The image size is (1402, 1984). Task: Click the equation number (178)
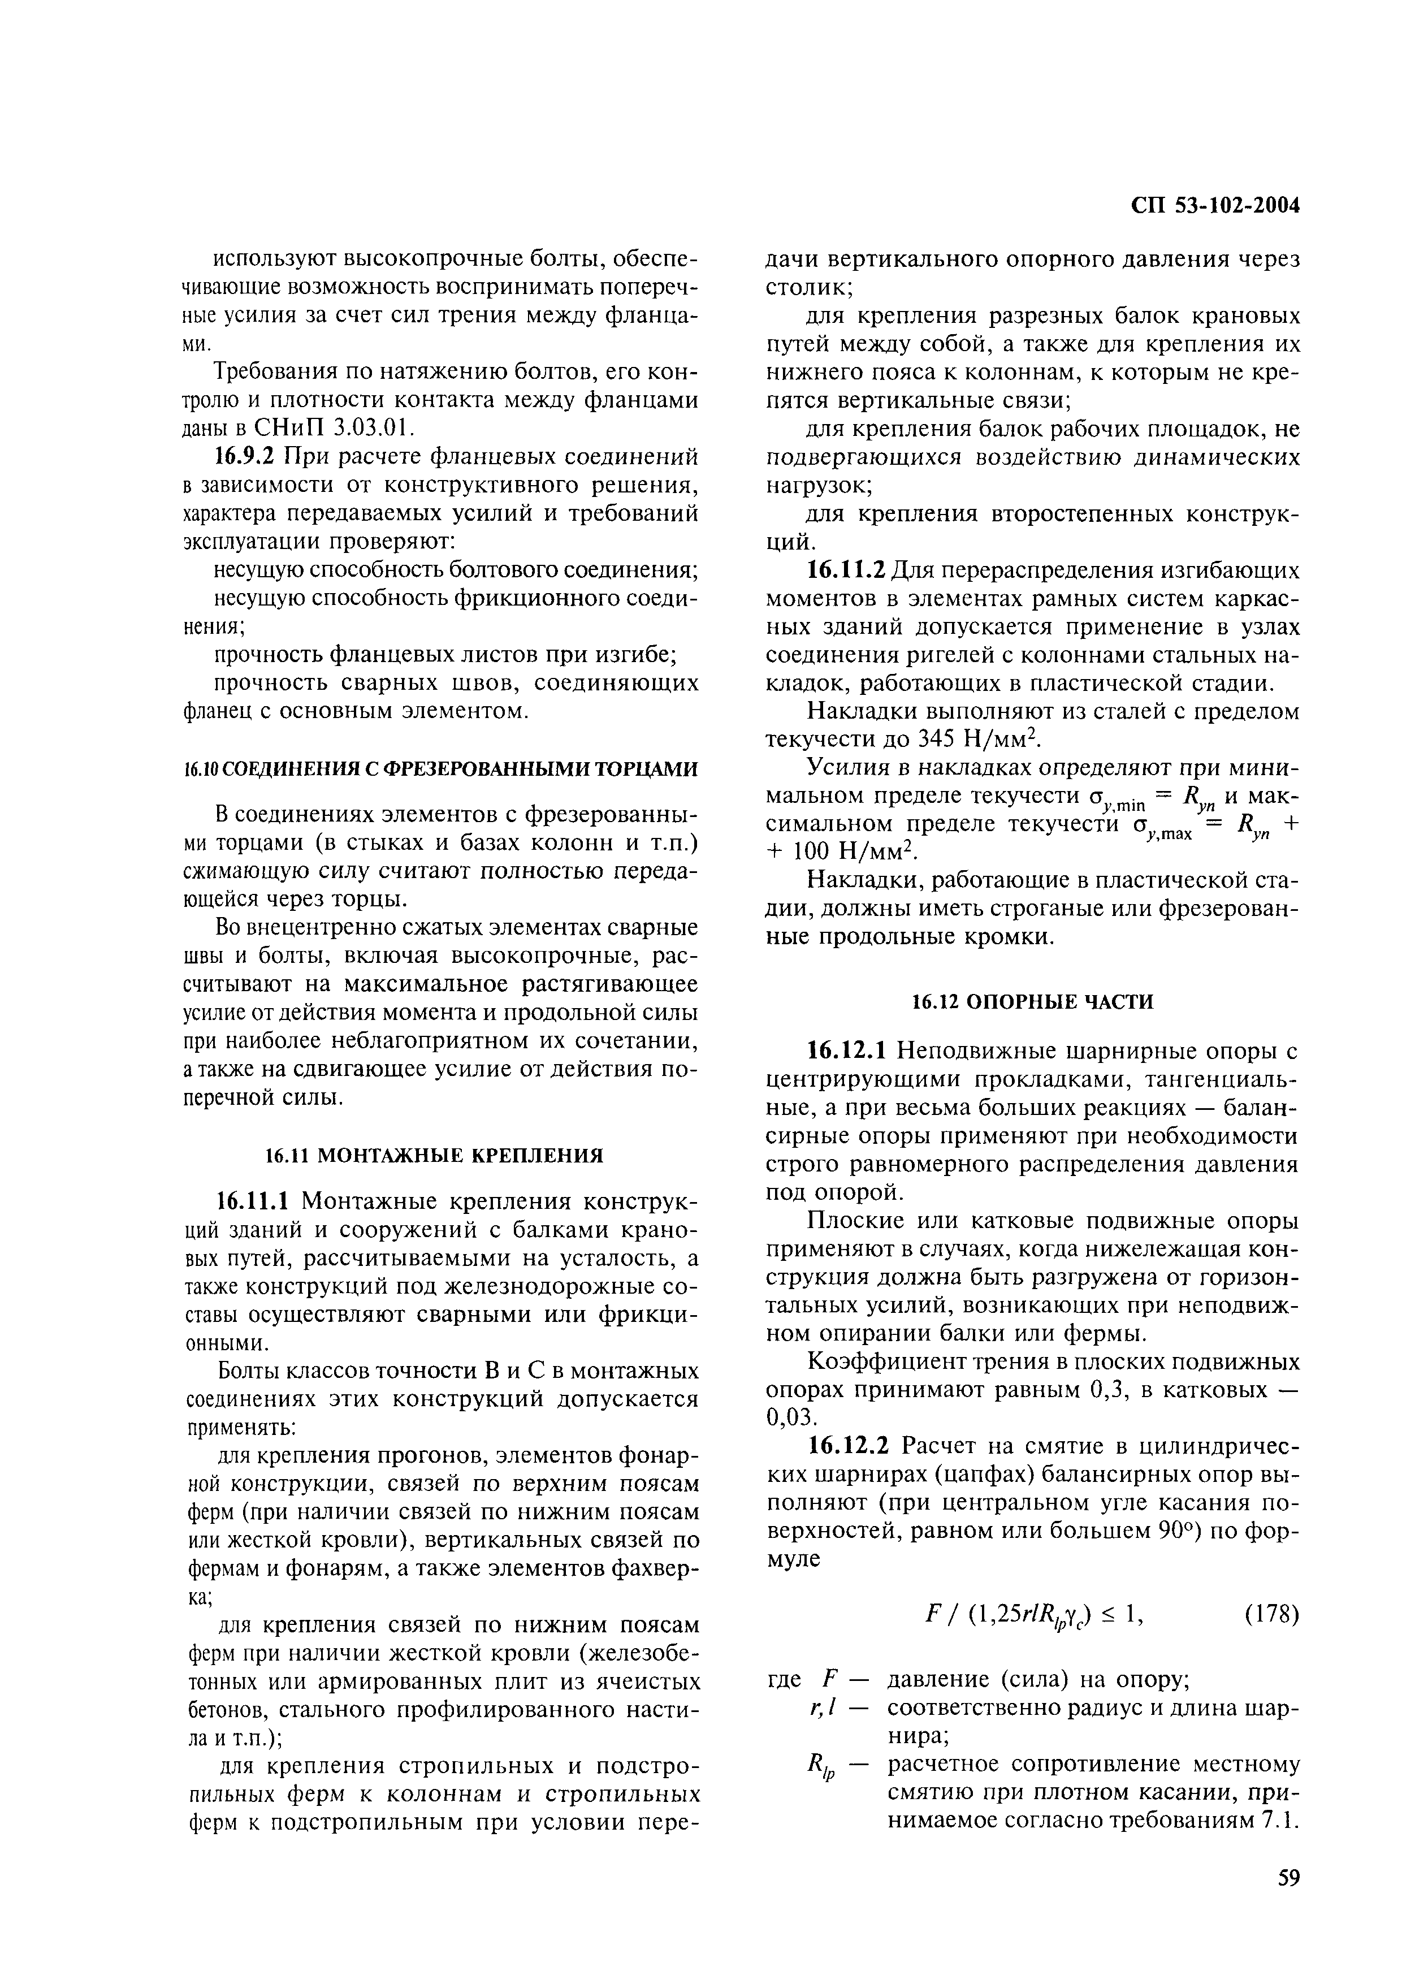(x=1271, y=1613)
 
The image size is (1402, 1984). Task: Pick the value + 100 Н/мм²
(x=841, y=853)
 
